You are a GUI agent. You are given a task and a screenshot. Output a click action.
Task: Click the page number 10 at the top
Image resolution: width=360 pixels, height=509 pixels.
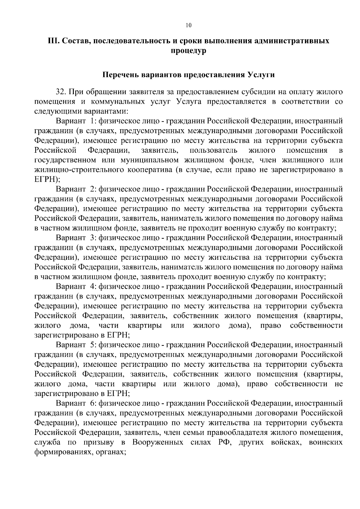pyautogui.click(x=188, y=25)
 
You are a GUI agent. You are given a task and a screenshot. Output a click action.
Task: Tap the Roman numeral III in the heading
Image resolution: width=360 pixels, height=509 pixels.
pyautogui.click(x=54, y=41)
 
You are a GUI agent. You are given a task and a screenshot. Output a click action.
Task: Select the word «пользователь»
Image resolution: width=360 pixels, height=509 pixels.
pyautogui.click(x=214, y=150)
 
